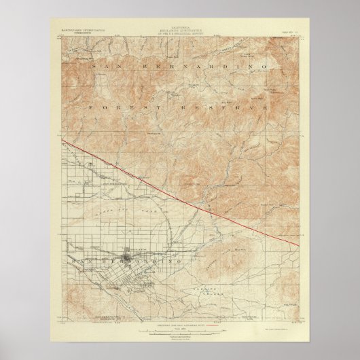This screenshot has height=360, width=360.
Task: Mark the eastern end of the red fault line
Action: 298,245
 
